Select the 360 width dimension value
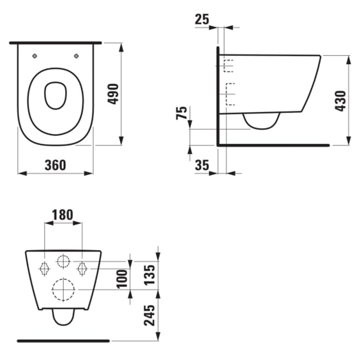[55, 165]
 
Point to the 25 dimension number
[203, 20]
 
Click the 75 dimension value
[182, 114]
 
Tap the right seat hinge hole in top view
[76, 56]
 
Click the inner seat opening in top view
[54, 95]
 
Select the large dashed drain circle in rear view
[63, 290]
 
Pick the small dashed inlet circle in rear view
[63, 262]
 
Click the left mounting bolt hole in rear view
[45, 267]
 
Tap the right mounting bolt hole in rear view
[82, 267]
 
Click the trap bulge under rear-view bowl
[63, 318]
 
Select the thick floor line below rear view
[63, 340]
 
